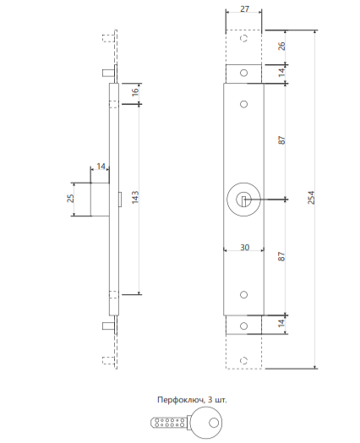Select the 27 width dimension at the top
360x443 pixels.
243,9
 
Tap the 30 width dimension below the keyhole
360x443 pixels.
243,249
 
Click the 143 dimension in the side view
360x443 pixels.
135,198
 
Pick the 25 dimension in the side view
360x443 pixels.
71,198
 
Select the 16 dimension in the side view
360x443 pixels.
135,91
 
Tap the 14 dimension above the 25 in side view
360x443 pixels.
101,167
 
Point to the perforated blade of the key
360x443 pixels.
168,422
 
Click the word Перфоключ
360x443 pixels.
175,398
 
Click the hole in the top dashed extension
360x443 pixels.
243,40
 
